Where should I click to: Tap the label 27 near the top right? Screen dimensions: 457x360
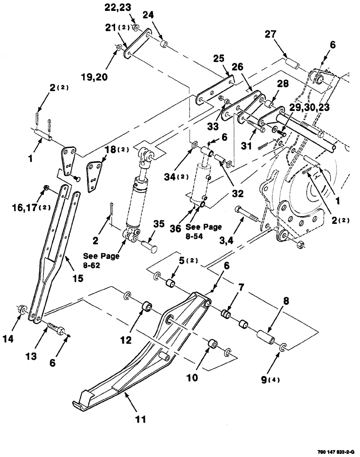tap(270, 35)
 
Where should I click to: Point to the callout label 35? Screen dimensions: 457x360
tap(159, 224)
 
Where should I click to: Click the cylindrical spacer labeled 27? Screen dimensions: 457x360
tap(291, 62)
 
